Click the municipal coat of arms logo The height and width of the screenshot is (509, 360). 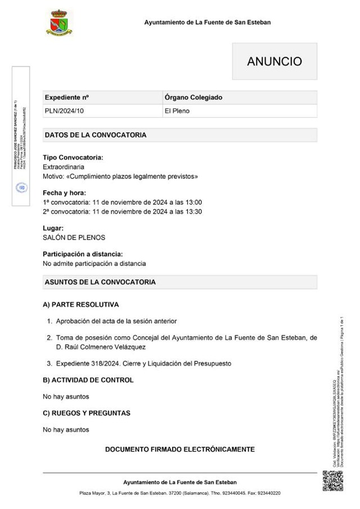point(59,23)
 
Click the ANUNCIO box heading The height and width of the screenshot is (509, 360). point(274,62)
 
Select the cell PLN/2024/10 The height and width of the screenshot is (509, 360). point(64,111)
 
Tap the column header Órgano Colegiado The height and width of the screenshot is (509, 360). point(193,97)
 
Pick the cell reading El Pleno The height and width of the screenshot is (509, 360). point(177,111)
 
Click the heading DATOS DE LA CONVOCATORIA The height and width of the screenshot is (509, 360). point(96,135)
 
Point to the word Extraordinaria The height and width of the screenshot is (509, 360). point(64,167)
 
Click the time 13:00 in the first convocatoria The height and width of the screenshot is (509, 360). point(193,202)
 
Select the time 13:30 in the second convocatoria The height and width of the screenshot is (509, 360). point(193,212)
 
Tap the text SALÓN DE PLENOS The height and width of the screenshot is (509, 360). point(74,238)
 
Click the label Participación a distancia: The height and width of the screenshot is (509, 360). point(83,254)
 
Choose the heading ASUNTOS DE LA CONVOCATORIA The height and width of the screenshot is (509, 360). point(100,282)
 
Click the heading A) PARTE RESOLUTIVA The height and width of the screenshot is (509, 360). point(81,305)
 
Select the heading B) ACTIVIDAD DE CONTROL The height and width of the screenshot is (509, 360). point(88,380)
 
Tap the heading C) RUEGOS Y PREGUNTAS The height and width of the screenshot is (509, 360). point(87,413)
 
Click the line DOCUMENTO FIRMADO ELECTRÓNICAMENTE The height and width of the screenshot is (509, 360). point(180,449)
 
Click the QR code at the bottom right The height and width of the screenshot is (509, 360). point(332,481)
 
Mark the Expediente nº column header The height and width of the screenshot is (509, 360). point(67,97)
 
